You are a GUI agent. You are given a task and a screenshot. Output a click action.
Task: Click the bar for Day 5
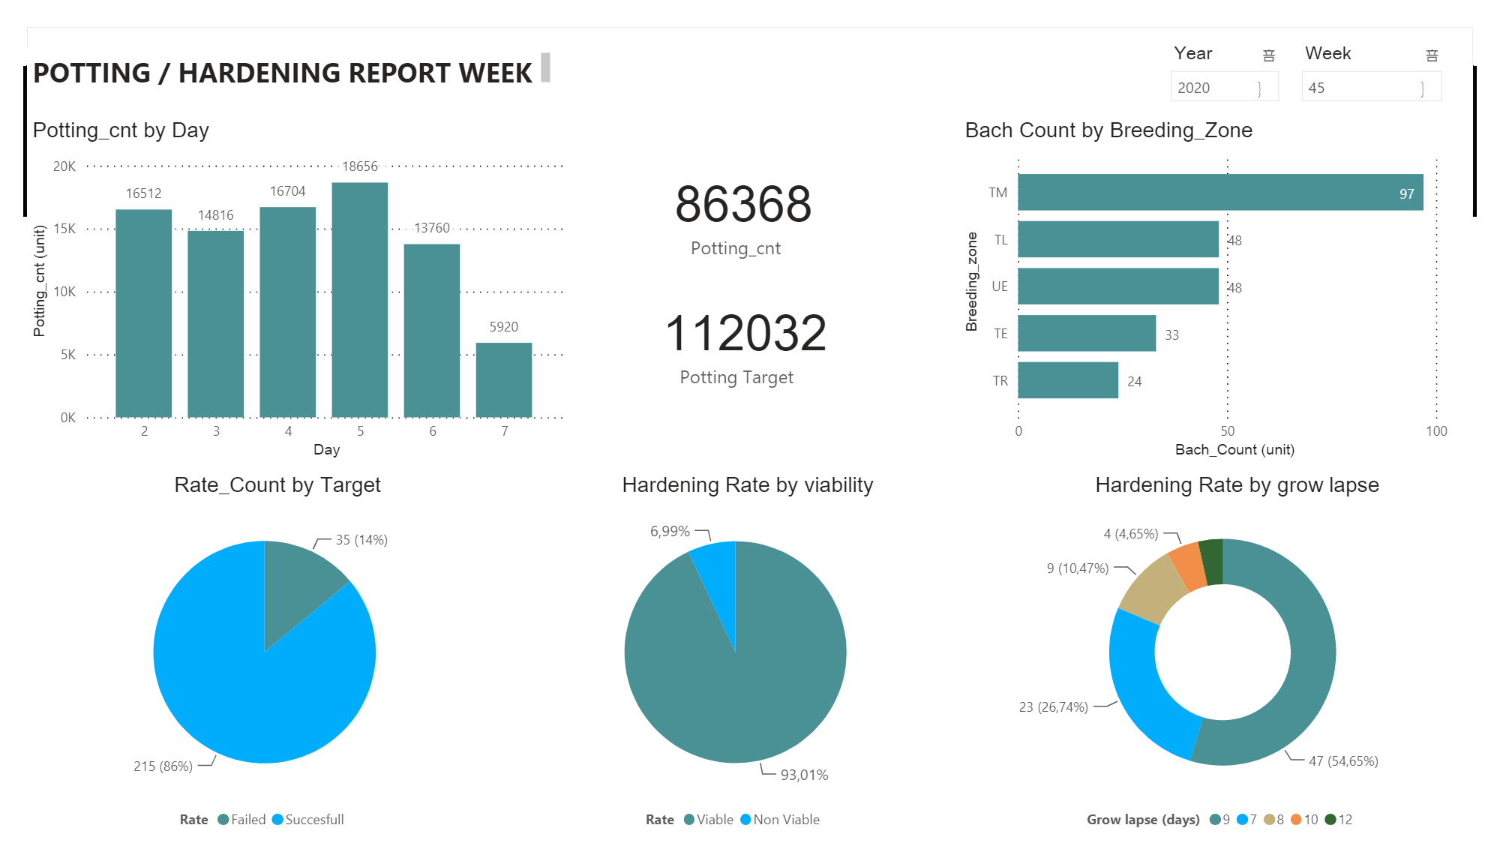pyautogui.click(x=360, y=300)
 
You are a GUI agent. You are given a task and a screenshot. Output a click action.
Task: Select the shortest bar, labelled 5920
pyautogui.click(x=504, y=379)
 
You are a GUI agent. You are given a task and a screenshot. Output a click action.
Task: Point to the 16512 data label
pyautogui.click(x=143, y=193)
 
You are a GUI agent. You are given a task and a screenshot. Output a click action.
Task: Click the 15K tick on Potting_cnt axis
pyautogui.click(x=64, y=229)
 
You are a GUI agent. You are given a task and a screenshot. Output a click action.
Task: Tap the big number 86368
pyautogui.click(x=742, y=204)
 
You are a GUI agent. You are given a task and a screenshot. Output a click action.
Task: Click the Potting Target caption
pyautogui.click(x=736, y=377)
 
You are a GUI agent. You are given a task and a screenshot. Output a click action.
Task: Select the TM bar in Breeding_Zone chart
pyautogui.click(x=1219, y=193)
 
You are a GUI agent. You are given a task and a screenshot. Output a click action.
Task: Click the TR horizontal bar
pyautogui.click(x=1067, y=380)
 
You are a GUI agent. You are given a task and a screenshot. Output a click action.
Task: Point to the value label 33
pyautogui.click(x=1171, y=335)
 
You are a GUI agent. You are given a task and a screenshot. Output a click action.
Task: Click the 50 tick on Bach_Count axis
pyautogui.click(x=1227, y=431)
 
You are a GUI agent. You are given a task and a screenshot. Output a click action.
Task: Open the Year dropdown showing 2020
pyautogui.click(x=1224, y=88)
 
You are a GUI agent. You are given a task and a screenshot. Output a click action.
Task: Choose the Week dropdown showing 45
pyautogui.click(x=1370, y=88)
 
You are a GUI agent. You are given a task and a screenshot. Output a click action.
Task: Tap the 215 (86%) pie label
pyautogui.click(x=163, y=766)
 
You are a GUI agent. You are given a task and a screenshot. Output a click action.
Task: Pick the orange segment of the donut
pyautogui.click(x=1188, y=565)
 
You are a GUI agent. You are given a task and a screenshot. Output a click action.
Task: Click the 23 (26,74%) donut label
pyautogui.click(x=1053, y=707)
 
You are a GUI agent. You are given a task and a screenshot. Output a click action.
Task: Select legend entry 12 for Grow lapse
pyautogui.click(x=1339, y=820)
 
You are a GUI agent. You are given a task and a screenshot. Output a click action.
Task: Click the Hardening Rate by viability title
pyautogui.click(x=747, y=485)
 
